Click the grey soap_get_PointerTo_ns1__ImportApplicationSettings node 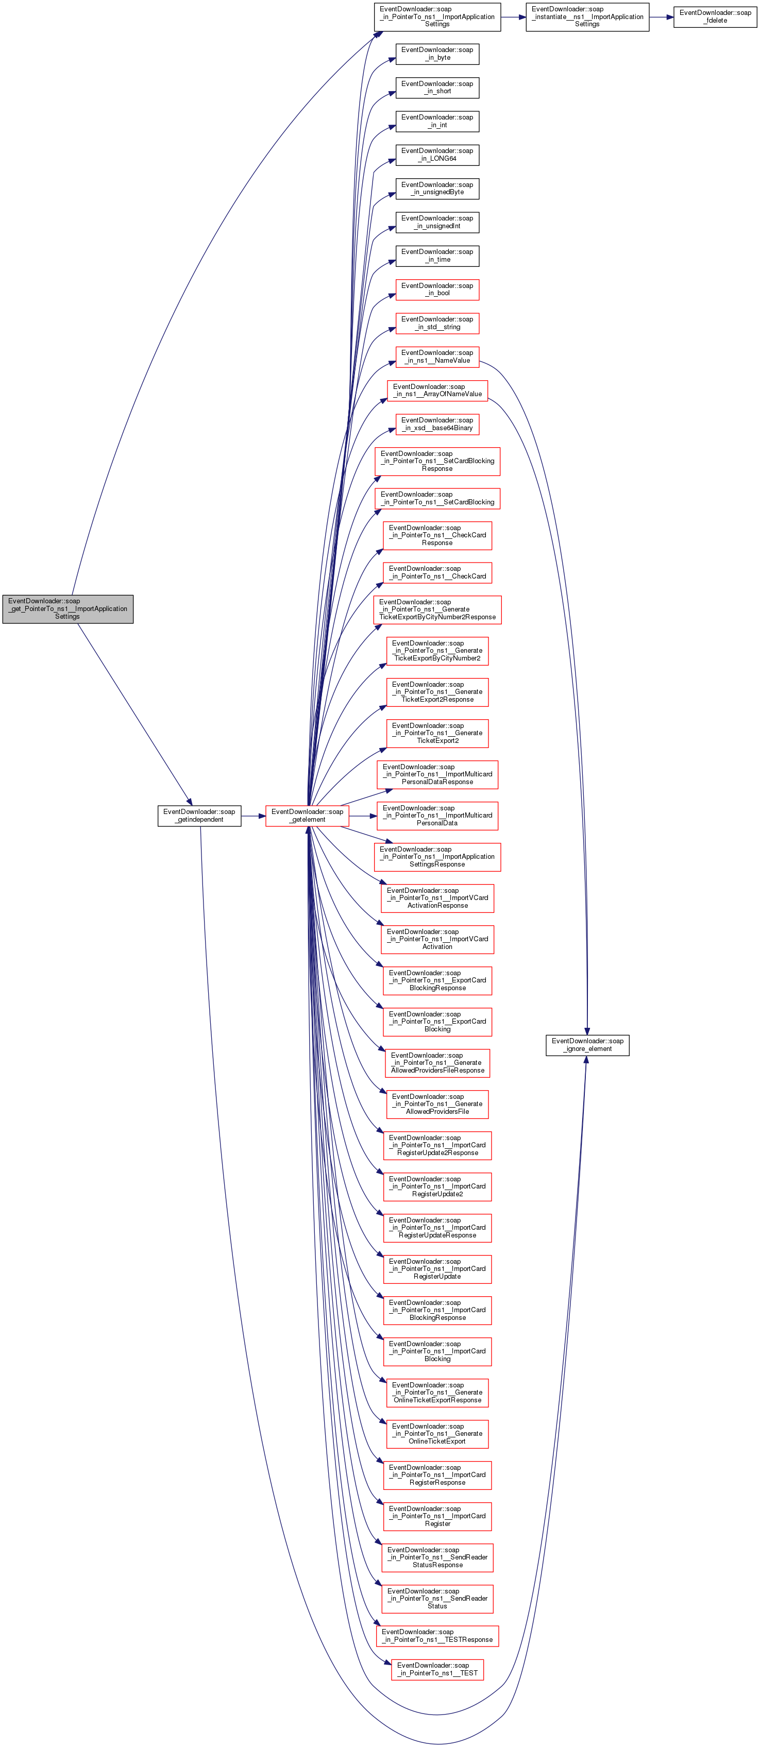coord(68,609)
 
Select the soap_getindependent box coord(199,816)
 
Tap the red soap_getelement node coord(308,816)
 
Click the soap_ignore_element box coord(587,1045)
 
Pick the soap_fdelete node coord(715,17)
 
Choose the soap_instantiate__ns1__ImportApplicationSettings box coord(587,17)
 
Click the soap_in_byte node coord(437,54)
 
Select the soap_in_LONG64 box coord(437,155)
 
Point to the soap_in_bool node coord(437,290)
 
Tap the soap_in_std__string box coord(437,324)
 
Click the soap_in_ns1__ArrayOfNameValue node coord(437,391)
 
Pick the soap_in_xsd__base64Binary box coord(437,425)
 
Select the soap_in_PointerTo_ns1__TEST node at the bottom coord(437,1670)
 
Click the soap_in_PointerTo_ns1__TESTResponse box coord(437,1636)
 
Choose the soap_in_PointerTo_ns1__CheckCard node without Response coord(437,573)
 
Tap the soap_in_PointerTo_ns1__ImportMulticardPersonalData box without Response coord(437,816)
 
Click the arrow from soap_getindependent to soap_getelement coord(253,816)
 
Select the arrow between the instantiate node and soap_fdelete coord(662,17)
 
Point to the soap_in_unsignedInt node coord(437,223)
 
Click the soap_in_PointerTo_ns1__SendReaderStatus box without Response coord(437,1599)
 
